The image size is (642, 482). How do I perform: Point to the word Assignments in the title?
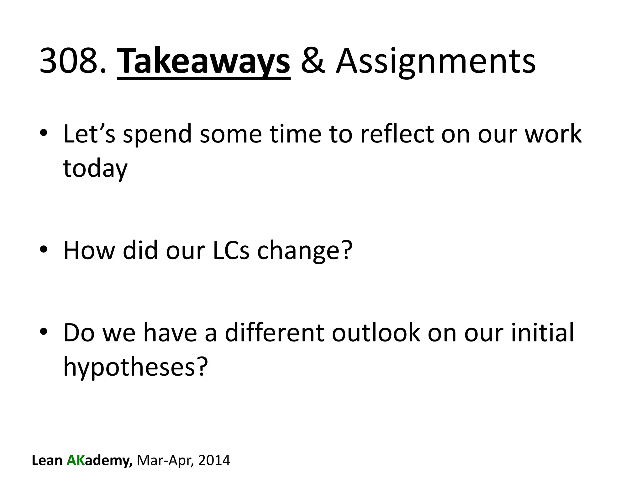coord(435,61)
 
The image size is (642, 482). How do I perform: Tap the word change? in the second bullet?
coord(304,251)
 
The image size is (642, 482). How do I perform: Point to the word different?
coord(274,333)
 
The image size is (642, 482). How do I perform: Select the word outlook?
coord(376,333)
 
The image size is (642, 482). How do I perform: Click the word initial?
coord(543,333)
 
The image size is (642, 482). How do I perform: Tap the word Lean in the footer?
coord(47,460)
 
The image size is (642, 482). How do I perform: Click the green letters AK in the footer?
coord(76,460)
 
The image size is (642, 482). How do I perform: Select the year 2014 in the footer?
coord(214,460)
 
